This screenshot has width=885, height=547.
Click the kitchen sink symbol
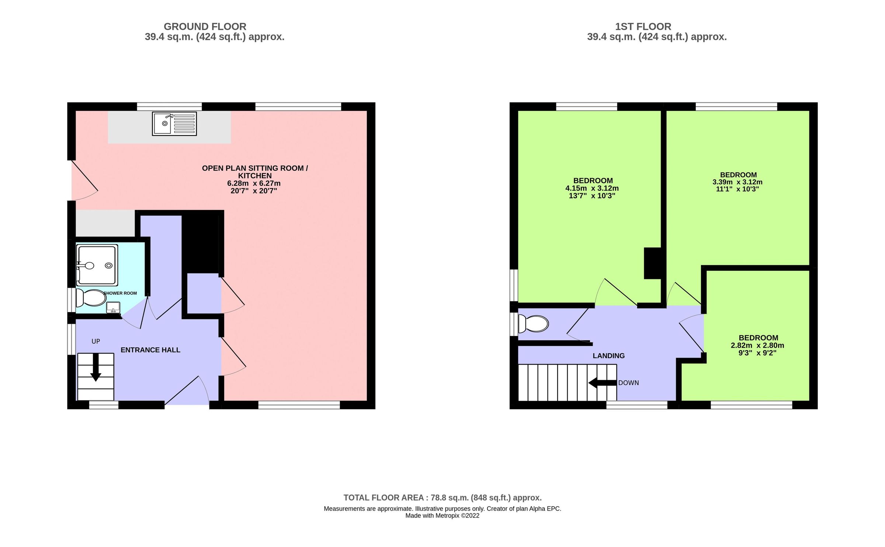click(x=174, y=124)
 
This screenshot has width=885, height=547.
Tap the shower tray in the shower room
click(x=97, y=265)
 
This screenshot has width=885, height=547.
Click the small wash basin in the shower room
click(x=113, y=307)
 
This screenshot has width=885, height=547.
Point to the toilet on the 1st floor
click(x=533, y=324)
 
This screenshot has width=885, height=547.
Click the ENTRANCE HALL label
click(x=150, y=350)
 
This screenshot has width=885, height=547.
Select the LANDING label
click(x=608, y=356)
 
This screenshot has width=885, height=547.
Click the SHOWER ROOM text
click(x=120, y=293)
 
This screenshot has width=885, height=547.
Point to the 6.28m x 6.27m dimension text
click(x=254, y=183)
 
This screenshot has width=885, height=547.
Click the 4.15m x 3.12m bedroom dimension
click(x=592, y=188)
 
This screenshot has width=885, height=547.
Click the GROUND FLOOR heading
click(x=205, y=27)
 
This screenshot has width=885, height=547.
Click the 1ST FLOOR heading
click(x=643, y=27)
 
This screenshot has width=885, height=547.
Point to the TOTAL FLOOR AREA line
click(x=442, y=498)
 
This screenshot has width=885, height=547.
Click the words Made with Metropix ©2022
click(x=442, y=516)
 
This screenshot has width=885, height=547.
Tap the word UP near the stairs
click(x=96, y=341)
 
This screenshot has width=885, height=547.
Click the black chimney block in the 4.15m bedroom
click(x=652, y=263)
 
